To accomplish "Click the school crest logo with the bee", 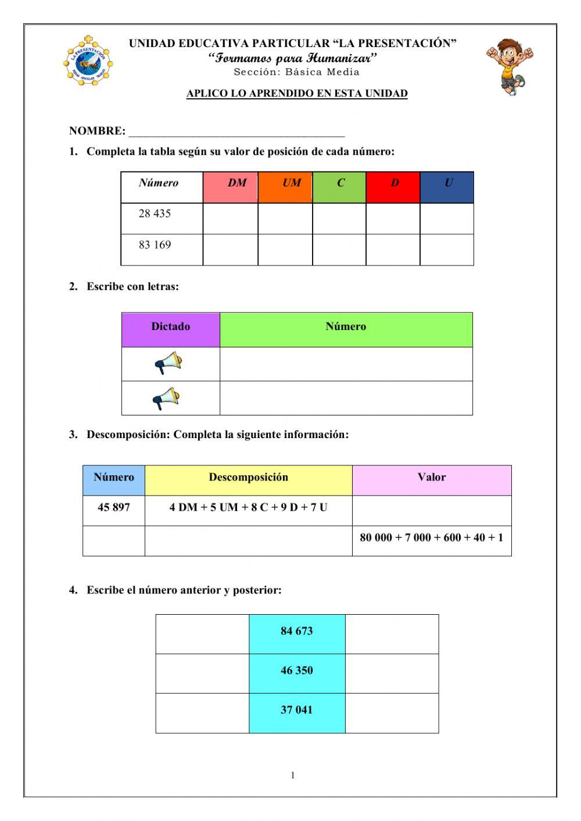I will pos(88,61).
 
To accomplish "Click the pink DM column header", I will pos(230,187).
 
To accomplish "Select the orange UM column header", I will pos(285,187).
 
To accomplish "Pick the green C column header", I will pos(339,187).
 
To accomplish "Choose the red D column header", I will pos(393,187).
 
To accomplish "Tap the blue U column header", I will pos(447,187).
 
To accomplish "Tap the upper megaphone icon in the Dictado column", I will pos(168,363).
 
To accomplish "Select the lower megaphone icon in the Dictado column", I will pos(166,399).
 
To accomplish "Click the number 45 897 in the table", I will pos(114,507).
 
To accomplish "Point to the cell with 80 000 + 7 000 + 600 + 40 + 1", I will pos(432,538).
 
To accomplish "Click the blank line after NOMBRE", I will pos(236,131).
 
